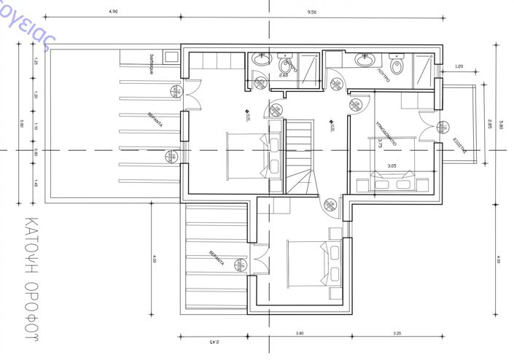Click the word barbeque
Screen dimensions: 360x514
coord(152,65)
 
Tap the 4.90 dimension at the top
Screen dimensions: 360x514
coord(113,12)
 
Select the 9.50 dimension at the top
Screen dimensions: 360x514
coord(312,12)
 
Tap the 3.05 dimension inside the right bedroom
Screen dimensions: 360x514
coord(392,166)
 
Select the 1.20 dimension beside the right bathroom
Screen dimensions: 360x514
coord(459,67)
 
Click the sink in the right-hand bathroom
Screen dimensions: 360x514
coord(364,60)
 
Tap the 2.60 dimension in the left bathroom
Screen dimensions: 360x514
coord(284,74)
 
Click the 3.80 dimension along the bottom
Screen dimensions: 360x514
coord(299,334)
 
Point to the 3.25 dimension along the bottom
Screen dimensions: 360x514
coord(397,334)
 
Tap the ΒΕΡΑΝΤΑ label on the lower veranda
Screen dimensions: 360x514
coord(212,259)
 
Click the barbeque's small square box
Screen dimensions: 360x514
coord(171,57)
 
